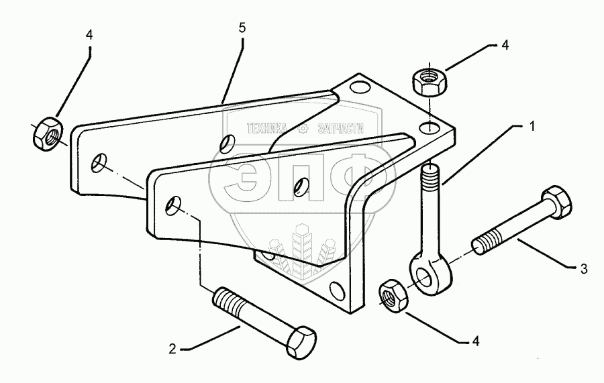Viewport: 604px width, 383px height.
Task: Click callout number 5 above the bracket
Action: point(242,28)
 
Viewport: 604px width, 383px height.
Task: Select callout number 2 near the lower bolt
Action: point(173,348)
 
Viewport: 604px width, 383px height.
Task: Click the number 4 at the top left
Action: point(89,35)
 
